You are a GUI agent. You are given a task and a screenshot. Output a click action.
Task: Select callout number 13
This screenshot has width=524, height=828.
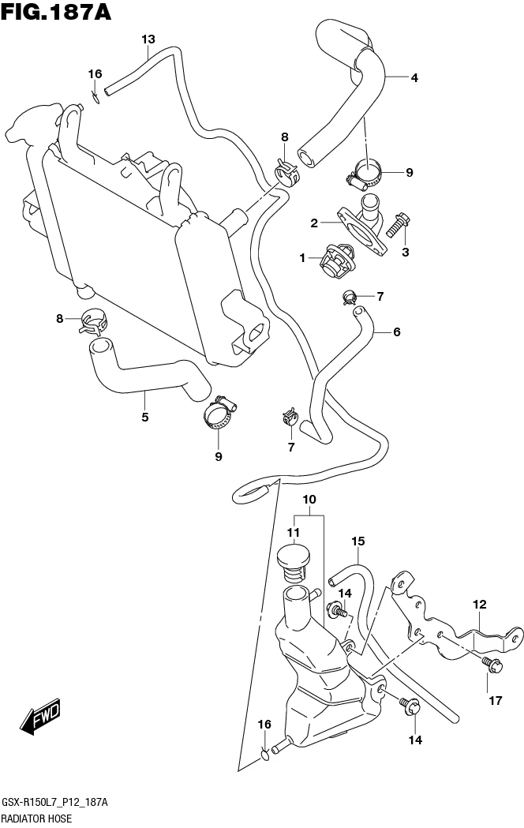point(148,39)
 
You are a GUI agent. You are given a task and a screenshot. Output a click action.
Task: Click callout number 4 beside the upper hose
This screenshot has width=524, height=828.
point(414,77)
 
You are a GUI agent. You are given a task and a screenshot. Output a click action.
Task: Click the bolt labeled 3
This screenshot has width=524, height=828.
point(400,221)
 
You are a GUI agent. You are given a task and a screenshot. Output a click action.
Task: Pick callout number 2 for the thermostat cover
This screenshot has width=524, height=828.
point(314,223)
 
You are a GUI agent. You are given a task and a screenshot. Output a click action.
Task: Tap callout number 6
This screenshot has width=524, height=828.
point(396,332)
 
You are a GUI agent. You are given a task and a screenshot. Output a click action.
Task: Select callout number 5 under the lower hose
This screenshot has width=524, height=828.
point(145,417)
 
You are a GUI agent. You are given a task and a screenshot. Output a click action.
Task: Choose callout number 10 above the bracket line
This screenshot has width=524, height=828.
point(309,500)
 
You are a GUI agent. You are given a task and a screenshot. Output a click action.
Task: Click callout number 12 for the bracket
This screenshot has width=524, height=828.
point(480,605)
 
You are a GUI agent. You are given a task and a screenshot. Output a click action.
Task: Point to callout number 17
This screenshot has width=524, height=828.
point(495,700)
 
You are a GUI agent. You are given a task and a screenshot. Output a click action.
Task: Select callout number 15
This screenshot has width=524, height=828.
point(358,541)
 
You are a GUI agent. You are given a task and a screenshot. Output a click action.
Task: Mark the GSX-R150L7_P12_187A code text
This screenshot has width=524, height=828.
point(55,803)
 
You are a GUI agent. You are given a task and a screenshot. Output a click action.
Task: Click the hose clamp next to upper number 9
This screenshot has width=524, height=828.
point(365,172)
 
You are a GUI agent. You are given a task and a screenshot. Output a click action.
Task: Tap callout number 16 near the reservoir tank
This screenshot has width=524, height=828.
point(265,725)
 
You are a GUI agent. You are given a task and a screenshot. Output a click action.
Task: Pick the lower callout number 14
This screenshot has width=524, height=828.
point(415,740)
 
